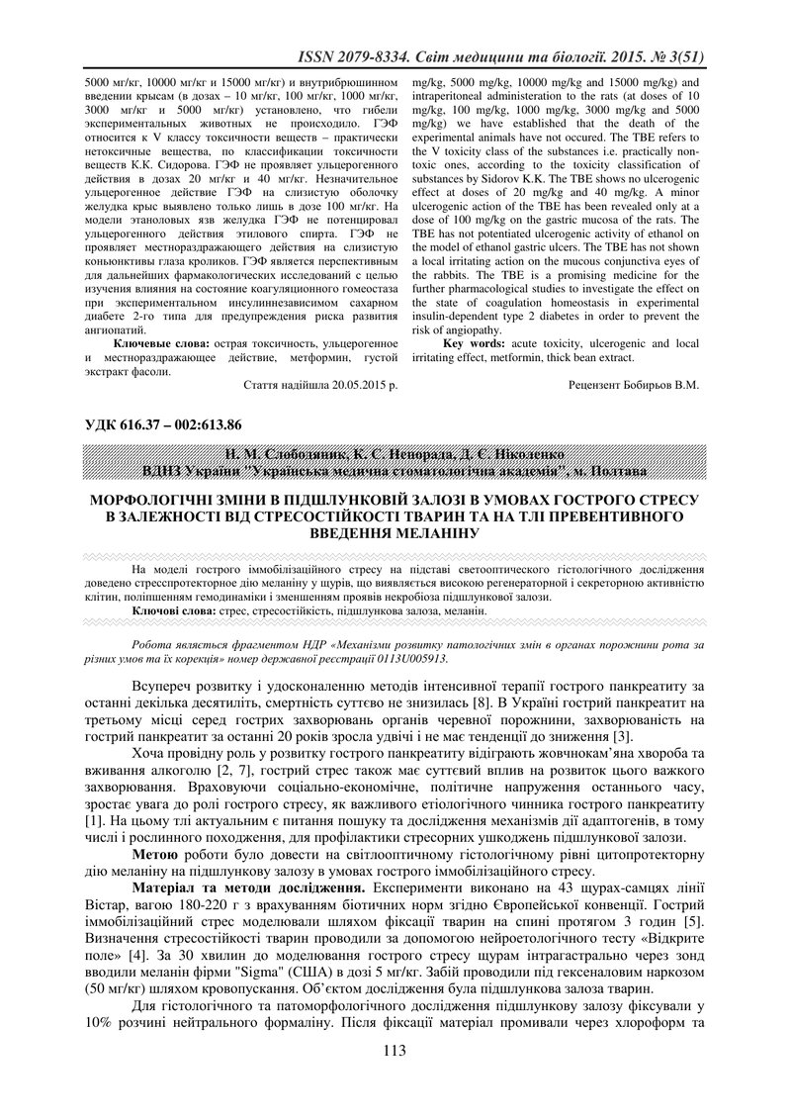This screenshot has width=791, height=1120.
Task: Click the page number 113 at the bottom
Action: point(395,1079)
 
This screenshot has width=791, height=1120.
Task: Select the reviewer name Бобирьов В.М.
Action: point(660,385)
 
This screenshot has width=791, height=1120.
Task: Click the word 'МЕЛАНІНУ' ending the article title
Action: point(437,532)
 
